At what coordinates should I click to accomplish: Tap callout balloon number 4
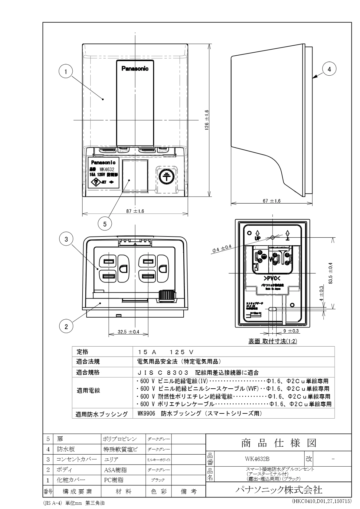[x=329, y=69]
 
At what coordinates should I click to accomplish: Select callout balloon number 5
[x=105, y=224]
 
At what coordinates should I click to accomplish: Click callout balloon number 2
[x=66, y=326]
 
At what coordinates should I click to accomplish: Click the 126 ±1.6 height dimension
[x=207, y=120]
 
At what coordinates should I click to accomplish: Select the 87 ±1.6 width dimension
[x=135, y=211]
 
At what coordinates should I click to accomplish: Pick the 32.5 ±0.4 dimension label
[x=128, y=332]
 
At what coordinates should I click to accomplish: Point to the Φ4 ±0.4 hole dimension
[x=222, y=249]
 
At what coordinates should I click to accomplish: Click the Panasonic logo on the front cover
[x=135, y=69]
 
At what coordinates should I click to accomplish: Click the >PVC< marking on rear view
[x=272, y=279]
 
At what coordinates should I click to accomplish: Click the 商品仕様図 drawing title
[x=279, y=443]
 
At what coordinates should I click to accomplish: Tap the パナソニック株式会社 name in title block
[x=279, y=490]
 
